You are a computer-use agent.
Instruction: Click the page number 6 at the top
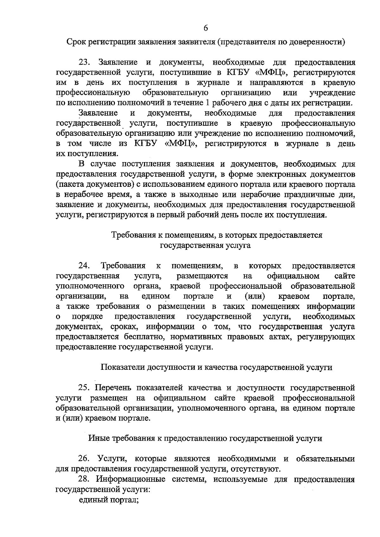click(206, 28)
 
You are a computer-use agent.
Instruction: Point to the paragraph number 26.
click(85, 458)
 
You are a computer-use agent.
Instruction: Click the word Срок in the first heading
click(76, 42)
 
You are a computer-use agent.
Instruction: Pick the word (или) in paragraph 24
click(255, 296)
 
